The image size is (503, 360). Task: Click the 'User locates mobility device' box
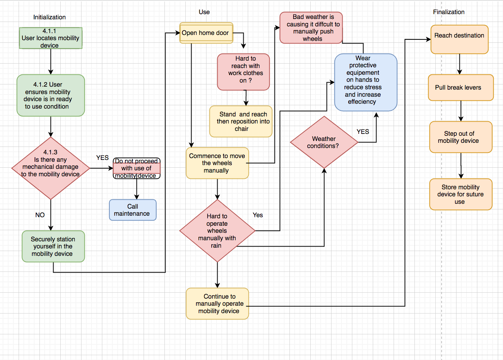pos(51,38)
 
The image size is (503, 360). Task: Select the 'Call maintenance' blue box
pos(132,210)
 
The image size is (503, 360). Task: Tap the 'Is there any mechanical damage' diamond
pos(51,168)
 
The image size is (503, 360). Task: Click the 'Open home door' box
pos(206,33)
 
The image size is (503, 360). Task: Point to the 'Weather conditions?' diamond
pos(324,142)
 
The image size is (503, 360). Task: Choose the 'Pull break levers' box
pos(461,88)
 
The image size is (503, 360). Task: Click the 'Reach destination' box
pos(459,39)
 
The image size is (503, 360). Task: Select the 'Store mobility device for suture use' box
pos(461,195)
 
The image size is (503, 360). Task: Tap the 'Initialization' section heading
pos(49,17)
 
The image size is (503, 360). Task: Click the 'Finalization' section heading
pos(449,12)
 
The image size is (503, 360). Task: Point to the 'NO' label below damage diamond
pos(40,215)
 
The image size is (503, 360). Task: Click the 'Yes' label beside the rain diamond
pos(257,215)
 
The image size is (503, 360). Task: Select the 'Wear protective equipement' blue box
pos(365,82)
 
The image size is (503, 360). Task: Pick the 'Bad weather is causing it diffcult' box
pos(311,28)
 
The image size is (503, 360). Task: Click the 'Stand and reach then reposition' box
pos(241,122)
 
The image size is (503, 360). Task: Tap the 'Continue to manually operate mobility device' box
pos(217,303)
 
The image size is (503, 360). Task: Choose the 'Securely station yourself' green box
pos(53,246)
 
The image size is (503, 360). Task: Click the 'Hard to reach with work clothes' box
pos(243,72)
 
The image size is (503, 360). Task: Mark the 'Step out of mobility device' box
pos(461,137)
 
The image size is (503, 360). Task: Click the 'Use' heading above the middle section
pos(204,12)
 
